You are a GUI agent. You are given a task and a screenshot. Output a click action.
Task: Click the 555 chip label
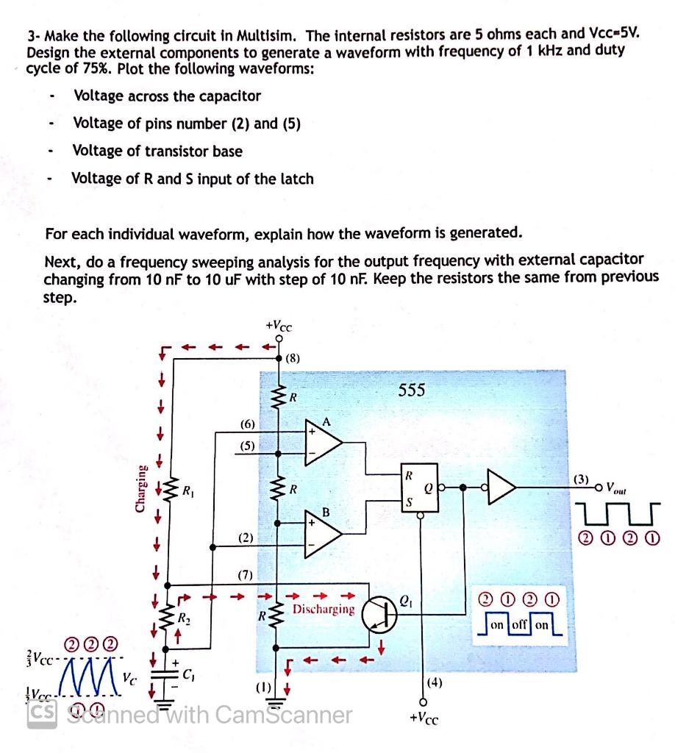point(411,390)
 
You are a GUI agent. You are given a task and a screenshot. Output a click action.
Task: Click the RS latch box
point(418,486)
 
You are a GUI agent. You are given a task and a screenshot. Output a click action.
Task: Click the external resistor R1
point(168,488)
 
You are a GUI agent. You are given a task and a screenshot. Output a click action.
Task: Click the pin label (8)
point(292,360)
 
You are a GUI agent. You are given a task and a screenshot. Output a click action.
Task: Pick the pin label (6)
point(248,424)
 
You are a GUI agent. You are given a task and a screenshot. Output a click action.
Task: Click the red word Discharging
point(324,610)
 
